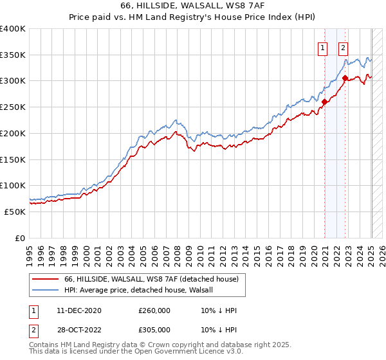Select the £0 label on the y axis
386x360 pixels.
[x=20, y=238]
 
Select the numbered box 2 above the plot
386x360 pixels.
[x=344, y=46]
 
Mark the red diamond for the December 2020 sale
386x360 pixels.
[x=325, y=101]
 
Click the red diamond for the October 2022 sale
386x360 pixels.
[x=345, y=78]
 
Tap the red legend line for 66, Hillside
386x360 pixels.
[x=45, y=279]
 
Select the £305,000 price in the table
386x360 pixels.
[x=154, y=329]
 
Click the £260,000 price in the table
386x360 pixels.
[x=154, y=310]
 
